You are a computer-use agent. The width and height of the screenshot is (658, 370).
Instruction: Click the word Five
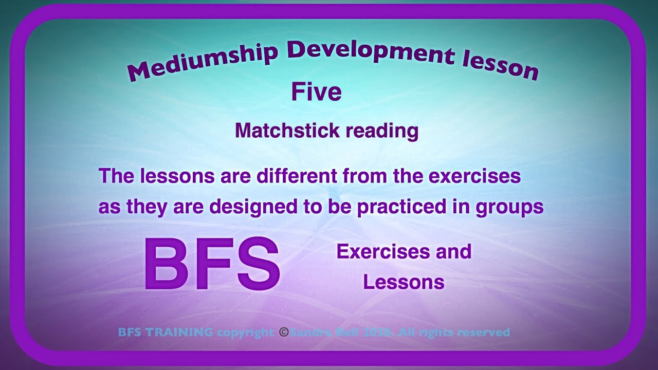click(316, 92)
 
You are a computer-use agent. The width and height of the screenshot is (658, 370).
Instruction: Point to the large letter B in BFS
click(164, 265)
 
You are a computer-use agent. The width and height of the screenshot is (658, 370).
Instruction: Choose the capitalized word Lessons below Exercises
click(404, 282)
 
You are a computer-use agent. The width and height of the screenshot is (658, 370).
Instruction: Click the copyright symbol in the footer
click(283, 332)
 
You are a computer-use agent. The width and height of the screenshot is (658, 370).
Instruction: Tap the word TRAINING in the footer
click(179, 332)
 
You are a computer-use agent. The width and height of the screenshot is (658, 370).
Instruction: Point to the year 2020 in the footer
click(378, 332)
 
